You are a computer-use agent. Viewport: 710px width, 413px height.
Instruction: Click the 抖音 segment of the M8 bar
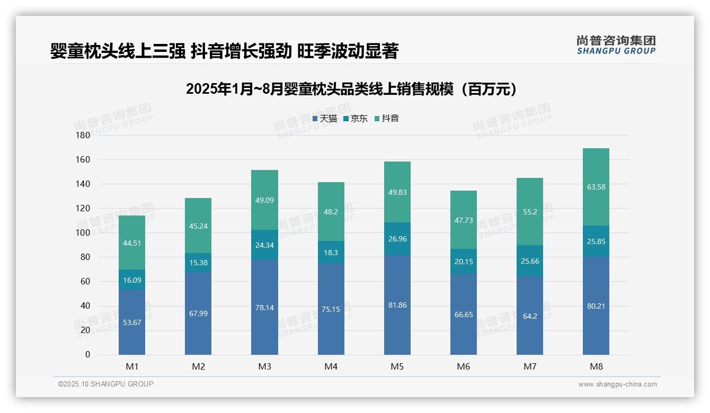pos(596,186)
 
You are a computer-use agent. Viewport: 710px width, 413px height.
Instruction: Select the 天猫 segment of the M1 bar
pos(132,322)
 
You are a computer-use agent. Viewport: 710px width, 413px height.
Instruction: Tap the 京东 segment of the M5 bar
pos(397,239)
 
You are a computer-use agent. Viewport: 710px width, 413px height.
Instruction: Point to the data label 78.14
pos(264,308)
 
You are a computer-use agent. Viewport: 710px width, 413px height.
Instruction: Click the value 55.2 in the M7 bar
pos(529,211)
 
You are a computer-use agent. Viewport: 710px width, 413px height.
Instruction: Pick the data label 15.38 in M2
pos(198,263)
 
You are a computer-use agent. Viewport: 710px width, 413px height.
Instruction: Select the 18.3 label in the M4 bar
pos(331,253)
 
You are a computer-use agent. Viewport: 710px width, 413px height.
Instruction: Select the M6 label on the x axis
pos(463,366)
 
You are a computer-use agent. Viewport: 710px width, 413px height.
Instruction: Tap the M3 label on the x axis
pos(264,366)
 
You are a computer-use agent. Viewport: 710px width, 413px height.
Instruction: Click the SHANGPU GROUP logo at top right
pos(616,45)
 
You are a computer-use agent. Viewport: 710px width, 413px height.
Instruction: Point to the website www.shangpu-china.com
pos(617,384)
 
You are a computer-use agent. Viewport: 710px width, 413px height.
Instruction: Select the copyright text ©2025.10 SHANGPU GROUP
pos(106,384)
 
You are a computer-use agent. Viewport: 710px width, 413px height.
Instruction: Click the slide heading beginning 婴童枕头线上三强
pos(224,51)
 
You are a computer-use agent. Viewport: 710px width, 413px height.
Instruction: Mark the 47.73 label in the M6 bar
pos(463,220)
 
